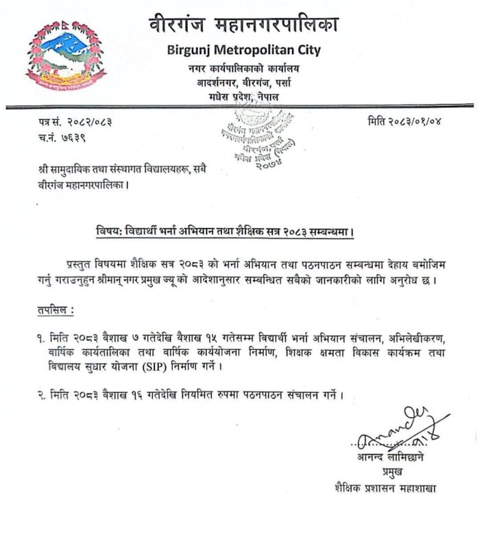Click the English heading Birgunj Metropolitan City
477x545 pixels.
coord(245,51)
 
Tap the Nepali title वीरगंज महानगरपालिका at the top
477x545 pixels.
coord(245,25)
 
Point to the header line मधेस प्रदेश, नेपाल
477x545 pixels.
coord(245,97)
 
